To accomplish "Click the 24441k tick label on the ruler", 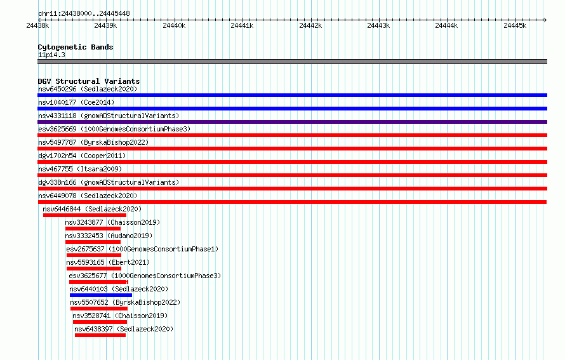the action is click(x=242, y=25).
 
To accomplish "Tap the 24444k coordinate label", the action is click(x=446, y=25).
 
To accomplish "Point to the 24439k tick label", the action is click(x=105, y=25).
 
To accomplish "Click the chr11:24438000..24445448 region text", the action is click(x=84, y=14).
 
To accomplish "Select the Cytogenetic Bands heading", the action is click(x=76, y=47).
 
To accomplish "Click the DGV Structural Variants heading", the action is click(x=89, y=81).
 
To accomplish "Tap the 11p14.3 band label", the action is click(x=51, y=55).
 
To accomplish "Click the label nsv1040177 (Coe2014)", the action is click(x=76, y=102).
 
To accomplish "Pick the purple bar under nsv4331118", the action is click(x=292, y=122).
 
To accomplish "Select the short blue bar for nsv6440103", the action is click(x=101, y=295).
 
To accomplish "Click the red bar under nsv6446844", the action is click(x=84, y=215).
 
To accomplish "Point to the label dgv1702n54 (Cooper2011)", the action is click(x=82, y=156).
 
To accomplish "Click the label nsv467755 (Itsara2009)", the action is click(x=80, y=169).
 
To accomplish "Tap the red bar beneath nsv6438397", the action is click(x=100, y=335).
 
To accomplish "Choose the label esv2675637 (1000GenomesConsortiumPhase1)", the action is click(x=142, y=249).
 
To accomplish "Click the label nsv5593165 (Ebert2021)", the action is click(x=108, y=262).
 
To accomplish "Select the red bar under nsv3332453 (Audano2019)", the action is click(x=93, y=242).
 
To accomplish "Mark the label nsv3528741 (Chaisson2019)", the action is click(x=120, y=316).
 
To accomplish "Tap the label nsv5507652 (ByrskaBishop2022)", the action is click(x=125, y=302).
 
